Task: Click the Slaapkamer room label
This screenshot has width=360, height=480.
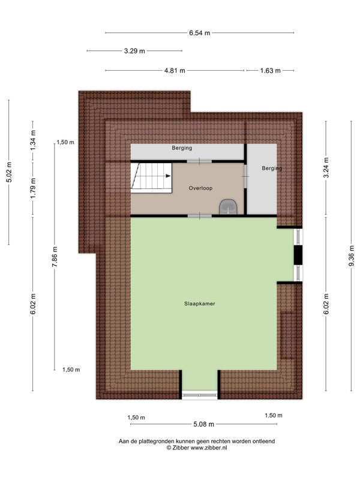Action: click(200, 304)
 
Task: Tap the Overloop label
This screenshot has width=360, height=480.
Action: click(200, 188)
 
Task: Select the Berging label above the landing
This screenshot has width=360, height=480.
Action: click(182, 148)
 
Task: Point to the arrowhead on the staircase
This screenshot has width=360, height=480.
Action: click(168, 176)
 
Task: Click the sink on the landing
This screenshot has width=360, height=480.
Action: click(228, 207)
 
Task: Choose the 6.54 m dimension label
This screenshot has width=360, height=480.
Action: click(200, 33)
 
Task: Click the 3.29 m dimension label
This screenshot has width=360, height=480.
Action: click(134, 51)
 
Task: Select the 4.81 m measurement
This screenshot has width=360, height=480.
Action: click(175, 70)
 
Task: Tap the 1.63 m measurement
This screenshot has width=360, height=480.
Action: click(271, 70)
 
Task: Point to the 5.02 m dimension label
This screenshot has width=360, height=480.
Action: click(9, 172)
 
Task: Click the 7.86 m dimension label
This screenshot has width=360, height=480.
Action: click(55, 257)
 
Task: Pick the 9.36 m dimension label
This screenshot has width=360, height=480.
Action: click(352, 256)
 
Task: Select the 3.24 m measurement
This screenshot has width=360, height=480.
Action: click(326, 167)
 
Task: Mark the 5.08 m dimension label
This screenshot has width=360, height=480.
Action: click(203, 424)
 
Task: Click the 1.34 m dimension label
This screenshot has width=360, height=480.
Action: click(33, 140)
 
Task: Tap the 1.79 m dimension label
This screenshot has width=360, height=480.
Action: click(33, 188)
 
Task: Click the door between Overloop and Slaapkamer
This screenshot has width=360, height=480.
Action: click(200, 216)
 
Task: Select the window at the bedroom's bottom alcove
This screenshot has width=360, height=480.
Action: click(200, 395)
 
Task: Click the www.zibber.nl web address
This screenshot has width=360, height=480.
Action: click(209, 448)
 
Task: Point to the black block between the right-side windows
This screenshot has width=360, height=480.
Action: click(298, 254)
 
